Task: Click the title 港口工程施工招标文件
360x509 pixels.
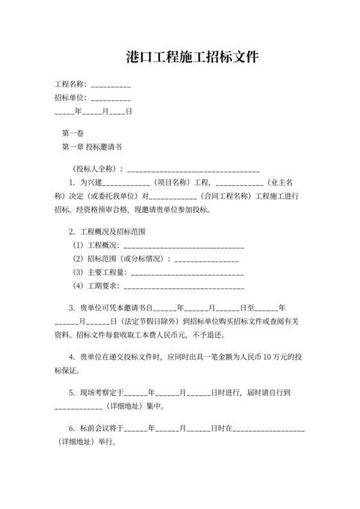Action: pyautogui.click(x=193, y=58)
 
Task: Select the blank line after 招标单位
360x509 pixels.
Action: pyautogui.click(x=111, y=98)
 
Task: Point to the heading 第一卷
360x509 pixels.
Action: pyautogui.click(x=72, y=134)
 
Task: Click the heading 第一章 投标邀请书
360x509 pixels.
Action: pyautogui.click(x=92, y=147)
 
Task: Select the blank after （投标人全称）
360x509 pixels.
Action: pyautogui.click(x=194, y=170)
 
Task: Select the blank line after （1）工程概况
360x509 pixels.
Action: pyautogui.click(x=183, y=246)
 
